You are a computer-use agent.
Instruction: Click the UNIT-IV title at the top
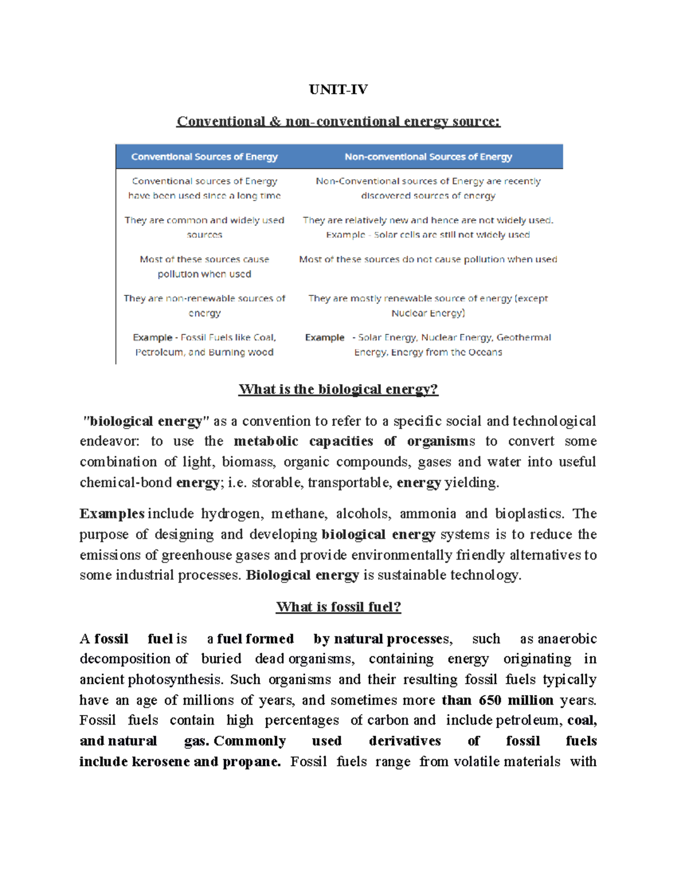coord(338,89)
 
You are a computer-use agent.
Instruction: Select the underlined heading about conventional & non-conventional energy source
coord(338,121)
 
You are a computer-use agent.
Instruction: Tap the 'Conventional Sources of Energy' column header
coord(204,156)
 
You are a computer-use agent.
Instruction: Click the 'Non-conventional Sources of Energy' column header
coord(428,156)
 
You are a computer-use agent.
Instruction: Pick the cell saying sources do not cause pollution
coord(428,259)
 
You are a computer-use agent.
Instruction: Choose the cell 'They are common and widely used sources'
coord(204,227)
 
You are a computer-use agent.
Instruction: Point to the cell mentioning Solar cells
coord(428,234)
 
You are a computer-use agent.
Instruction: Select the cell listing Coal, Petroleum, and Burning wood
coord(204,344)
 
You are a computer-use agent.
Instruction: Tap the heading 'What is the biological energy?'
coord(338,389)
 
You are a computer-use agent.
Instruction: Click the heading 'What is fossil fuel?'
coord(338,607)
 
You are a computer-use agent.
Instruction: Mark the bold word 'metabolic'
coord(266,441)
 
